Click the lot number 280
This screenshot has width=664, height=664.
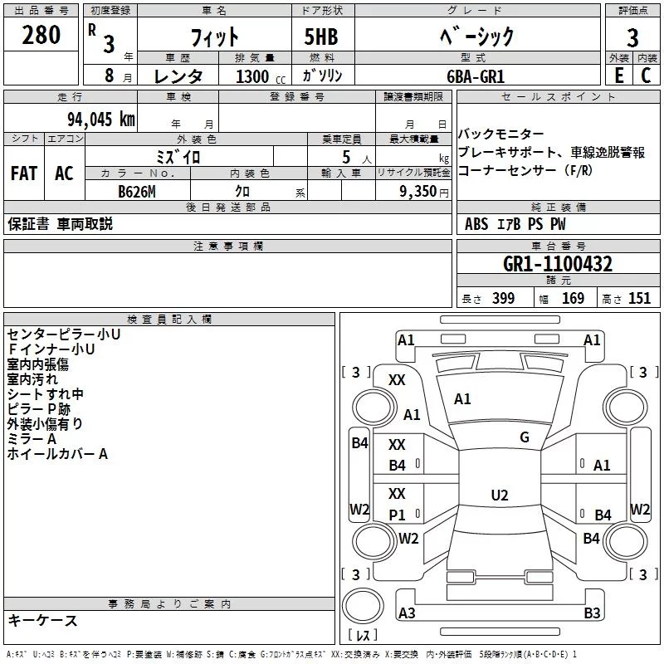pyautogui.click(x=41, y=35)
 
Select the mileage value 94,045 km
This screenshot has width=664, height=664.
pyautogui.click(x=101, y=120)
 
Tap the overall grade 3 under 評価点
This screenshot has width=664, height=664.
pyautogui.click(x=632, y=37)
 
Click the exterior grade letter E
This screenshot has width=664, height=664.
pyautogui.click(x=618, y=76)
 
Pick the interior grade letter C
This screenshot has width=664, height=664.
pyautogui.click(x=646, y=76)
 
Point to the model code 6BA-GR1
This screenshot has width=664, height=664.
pyautogui.click(x=476, y=76)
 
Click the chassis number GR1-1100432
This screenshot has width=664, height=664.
pyautogui.click(x=558, y=264)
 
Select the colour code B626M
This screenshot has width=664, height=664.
pyautogui.click(x=137, y=192)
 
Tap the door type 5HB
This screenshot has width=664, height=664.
pyautogui.click(x=321, y=37)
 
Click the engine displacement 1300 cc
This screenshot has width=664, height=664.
pyautogui.click(x=261, y=76)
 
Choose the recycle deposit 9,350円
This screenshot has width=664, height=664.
pyautogui.click(x=424, y=192)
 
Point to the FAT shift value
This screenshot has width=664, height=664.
pyautogui.click(x=24, y=173)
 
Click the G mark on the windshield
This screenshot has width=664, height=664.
pyautogui.click(x=525, y=437)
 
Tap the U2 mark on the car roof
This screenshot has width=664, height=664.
pyautogui.click(x=500, y=495)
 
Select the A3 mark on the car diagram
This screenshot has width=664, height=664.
pyautogui.click(x=407, y=613)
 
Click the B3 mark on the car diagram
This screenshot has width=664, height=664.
pyautogui.click(x=592, y=613)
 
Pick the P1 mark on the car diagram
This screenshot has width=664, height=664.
pyautogui.click(x=397, y=515)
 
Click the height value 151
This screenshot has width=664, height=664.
pyautogui.click(x=639, y=298)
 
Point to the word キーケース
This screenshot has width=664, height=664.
pyautogui.click(x=42, y=620)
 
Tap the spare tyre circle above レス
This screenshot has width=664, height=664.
pyautogui.click(x=363, y=606)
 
